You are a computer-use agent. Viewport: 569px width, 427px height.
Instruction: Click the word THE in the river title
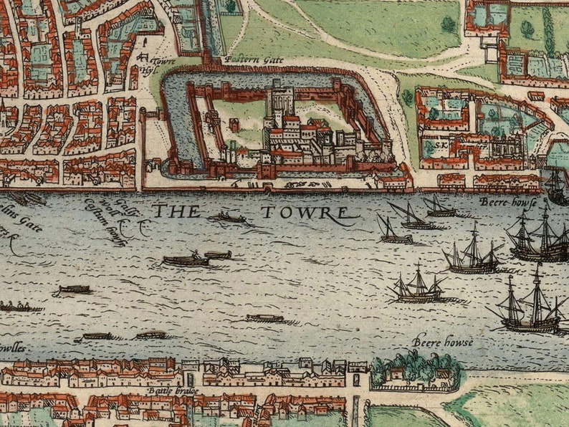pyautogui.click(x=176, y=211)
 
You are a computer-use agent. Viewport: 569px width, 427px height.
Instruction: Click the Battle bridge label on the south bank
pyautogui.click(x=170, y=390)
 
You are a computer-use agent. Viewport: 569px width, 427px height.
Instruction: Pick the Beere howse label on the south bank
pyautogui.click(x=442, y=342)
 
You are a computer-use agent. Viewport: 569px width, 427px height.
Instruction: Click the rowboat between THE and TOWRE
pyautogui.click(x=230, y=217)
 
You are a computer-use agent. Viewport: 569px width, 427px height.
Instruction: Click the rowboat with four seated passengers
pyautogui.click(x=17, y=306)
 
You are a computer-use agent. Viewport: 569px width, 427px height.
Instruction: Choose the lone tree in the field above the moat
pyautogui.click(x=449, y=24)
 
